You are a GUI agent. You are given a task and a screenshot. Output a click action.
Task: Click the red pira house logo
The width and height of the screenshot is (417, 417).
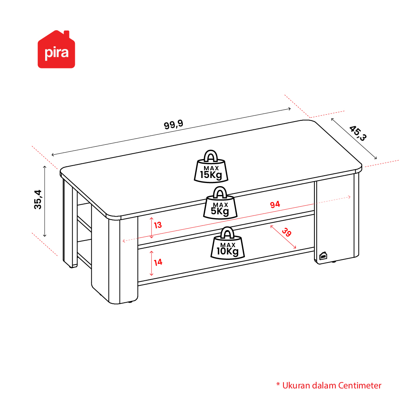click(x=56, y=49)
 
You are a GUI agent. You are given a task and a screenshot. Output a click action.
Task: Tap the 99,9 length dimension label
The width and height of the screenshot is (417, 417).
click(x=173, y=124)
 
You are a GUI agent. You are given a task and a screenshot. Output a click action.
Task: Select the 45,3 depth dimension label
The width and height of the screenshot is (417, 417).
click(x=358, y=133)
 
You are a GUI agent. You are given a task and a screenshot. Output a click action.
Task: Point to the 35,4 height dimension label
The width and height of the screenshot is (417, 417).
click(x=38, y=200)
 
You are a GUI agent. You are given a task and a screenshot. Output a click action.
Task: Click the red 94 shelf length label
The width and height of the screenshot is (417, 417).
click(x=275, y=204)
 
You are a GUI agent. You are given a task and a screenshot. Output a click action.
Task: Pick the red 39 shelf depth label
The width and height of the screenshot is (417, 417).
click(x=287, y=232)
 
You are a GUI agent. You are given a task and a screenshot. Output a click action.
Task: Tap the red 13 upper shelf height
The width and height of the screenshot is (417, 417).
click(x=158, y=225)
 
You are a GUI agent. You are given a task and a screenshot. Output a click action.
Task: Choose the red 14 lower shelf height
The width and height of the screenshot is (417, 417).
click(x=158, y=263)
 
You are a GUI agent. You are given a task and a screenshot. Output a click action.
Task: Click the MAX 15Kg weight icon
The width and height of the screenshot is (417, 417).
click(x=211, y=166)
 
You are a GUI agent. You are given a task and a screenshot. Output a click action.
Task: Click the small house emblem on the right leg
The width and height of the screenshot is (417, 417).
click(x=323, y=256)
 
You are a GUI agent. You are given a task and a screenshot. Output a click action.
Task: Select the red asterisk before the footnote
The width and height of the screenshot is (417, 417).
click(x=278, y=384)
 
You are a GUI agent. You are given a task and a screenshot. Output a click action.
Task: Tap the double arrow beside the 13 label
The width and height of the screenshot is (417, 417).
click(x=151, y=227)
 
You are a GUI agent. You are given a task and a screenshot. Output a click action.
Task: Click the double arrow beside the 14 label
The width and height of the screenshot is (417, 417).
click(x=151, y=263)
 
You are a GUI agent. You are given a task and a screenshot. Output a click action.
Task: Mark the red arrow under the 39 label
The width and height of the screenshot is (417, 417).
click(x=283, y=237)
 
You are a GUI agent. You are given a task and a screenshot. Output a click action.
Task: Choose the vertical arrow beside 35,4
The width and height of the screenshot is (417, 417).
click(x=45, y=201)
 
